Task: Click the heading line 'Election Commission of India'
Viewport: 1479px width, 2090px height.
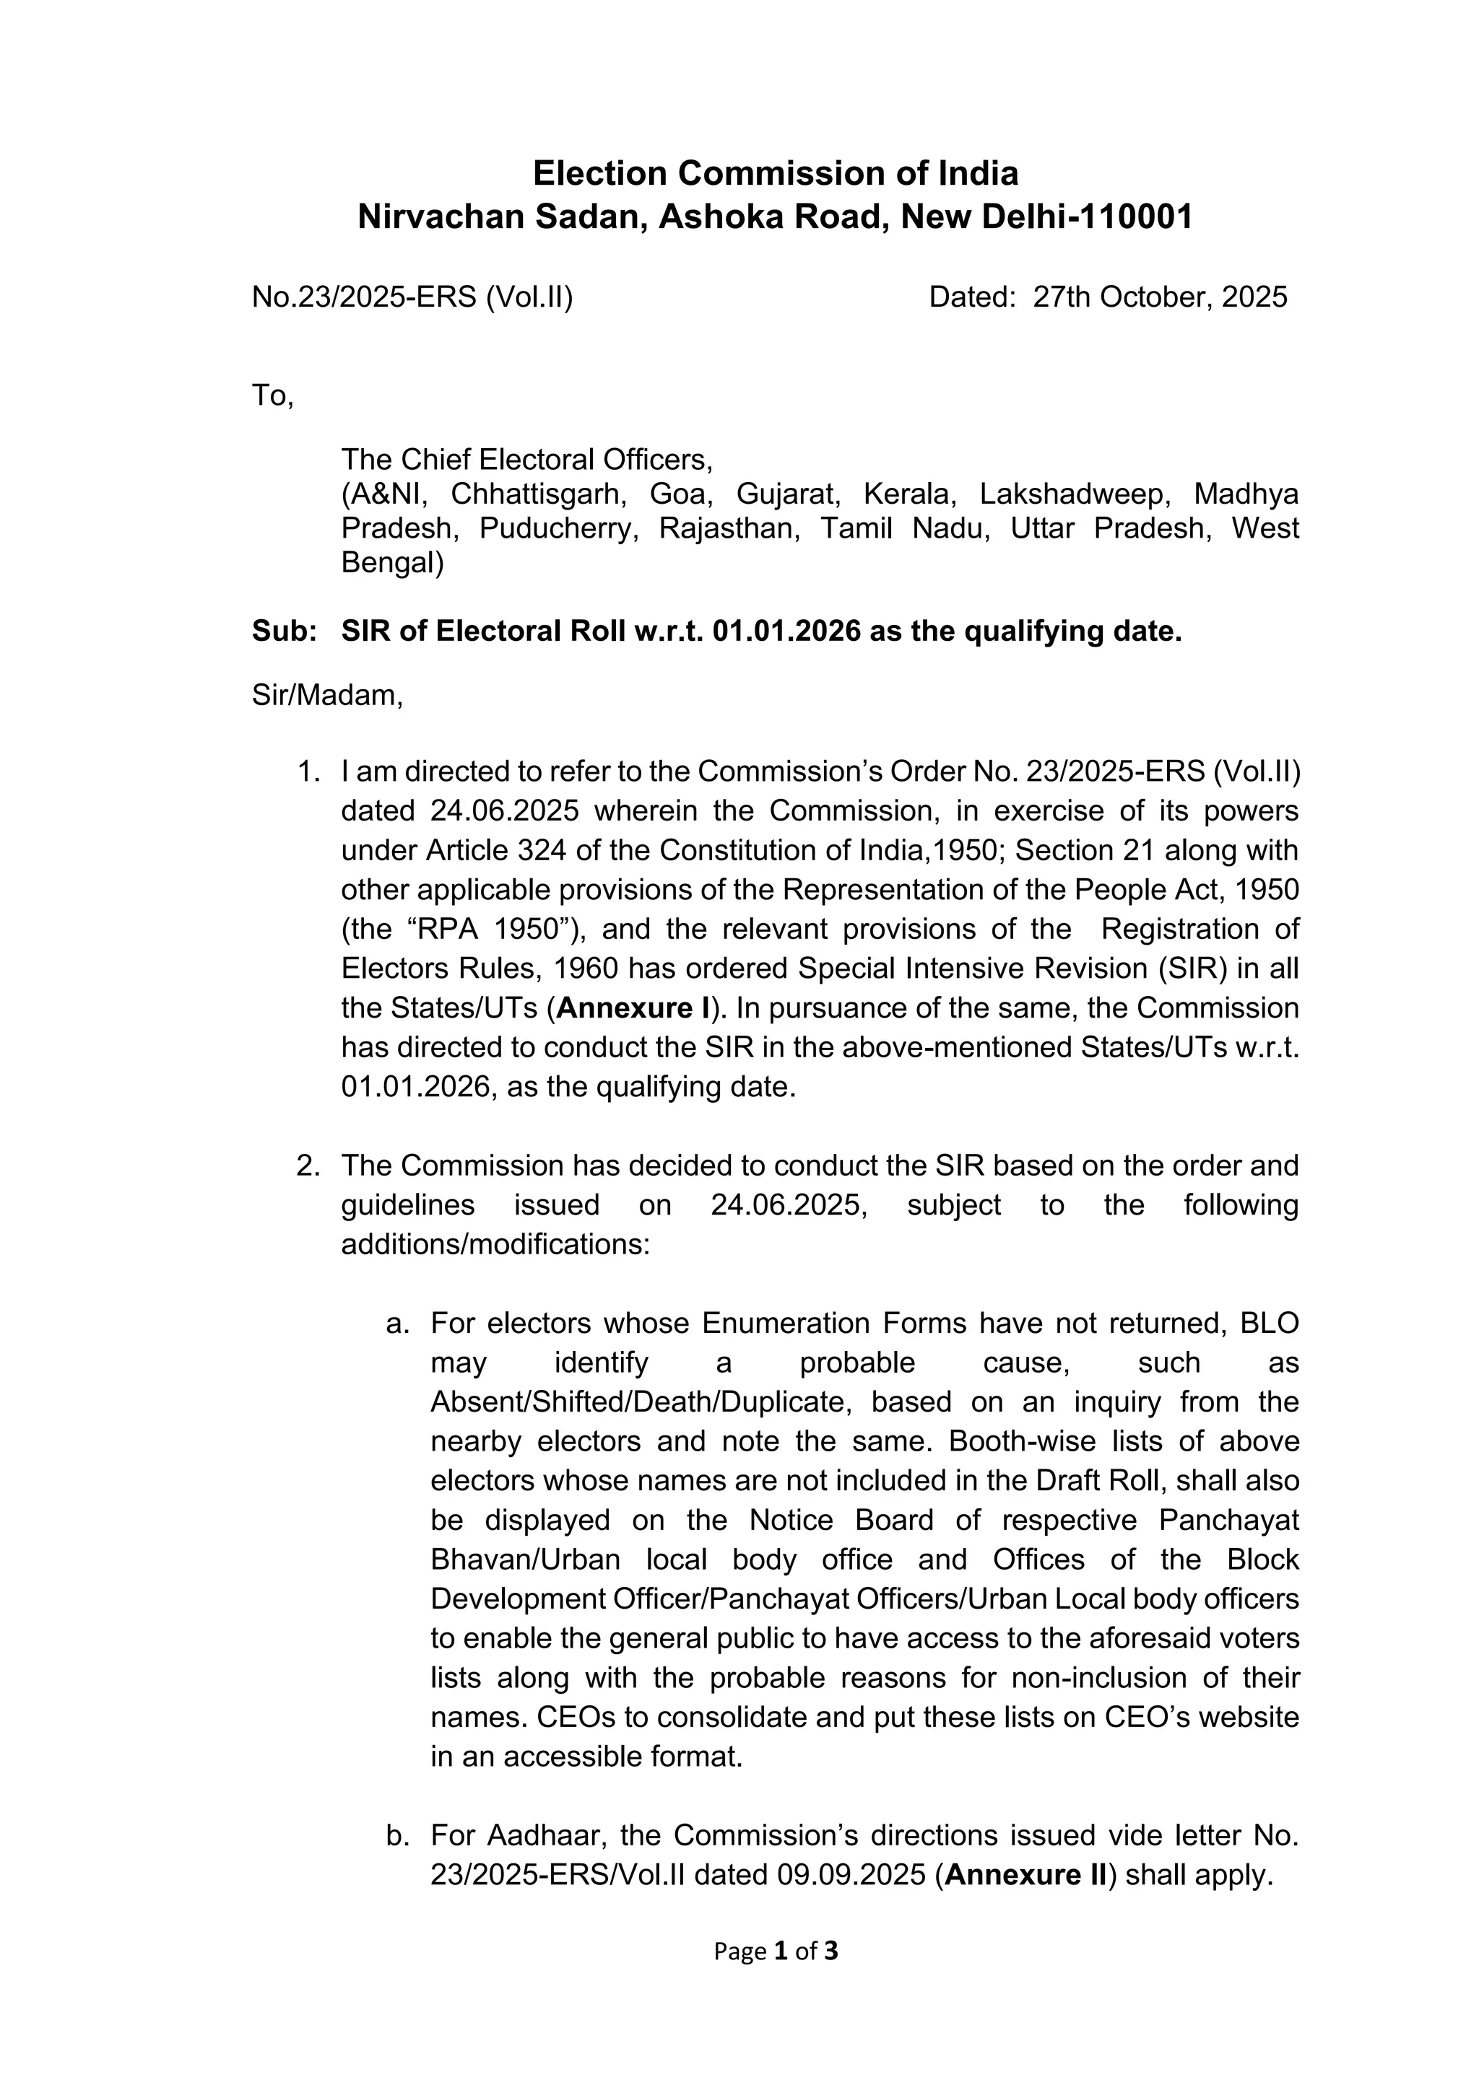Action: click(775, 173)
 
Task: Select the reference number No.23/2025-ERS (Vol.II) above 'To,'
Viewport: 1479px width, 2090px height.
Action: click(412, 297)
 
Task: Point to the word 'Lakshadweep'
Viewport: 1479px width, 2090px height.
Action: click(1074, 494)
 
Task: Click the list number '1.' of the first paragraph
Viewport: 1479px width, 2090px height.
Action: click(309, 772)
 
